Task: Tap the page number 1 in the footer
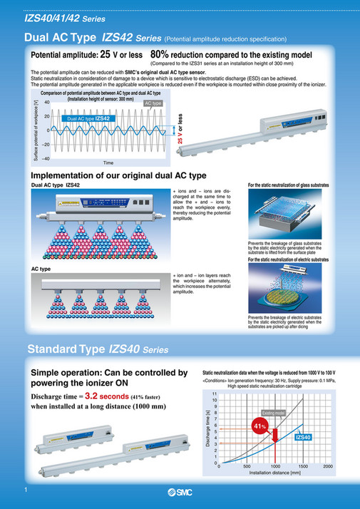(26, 491)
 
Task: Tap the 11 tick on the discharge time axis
(214, 394)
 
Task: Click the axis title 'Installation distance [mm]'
(272, 473)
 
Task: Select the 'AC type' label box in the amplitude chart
(154, 103)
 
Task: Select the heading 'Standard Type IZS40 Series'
(98, 349)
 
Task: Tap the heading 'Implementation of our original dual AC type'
(119, 175)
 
